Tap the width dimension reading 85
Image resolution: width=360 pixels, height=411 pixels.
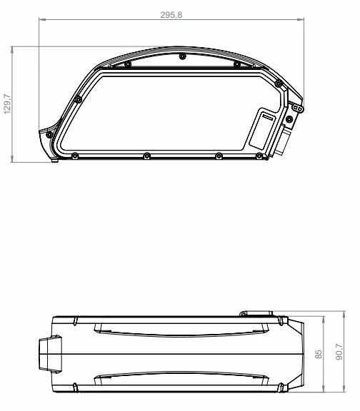point(319,353)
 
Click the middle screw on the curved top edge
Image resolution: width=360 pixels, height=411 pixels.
point(182,56)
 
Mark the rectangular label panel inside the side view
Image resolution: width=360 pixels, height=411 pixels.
point(261,129)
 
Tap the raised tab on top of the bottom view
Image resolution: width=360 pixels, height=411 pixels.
point(256,313)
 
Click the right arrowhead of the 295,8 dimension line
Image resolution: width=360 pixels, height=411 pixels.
point(301,21)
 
